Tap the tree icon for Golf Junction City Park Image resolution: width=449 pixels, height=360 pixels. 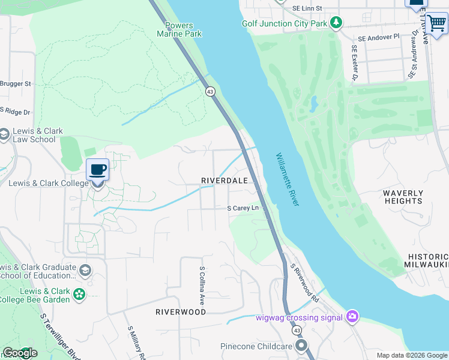pyautogui.click(x=337, y=23)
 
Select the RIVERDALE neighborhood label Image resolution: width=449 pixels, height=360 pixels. pyautogui.click(x=224, y=181)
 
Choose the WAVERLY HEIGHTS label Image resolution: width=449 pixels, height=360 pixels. pyautogui.click(x=403, y=197)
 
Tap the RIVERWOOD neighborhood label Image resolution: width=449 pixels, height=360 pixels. pyautogui.click(x=181, y=312)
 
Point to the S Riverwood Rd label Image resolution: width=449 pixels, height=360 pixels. pyautogui.click(x=304, y=282)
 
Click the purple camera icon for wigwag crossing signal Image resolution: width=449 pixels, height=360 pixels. pyautogui.click(x=352, y=317)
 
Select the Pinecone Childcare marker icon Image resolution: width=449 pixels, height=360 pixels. pyautogui.click(x=301, y=346)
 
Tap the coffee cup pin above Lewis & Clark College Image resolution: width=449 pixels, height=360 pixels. pyautogui.click(x=97, y=170)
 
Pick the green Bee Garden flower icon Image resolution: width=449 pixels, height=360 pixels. pyautogui.click(x=79, y=294)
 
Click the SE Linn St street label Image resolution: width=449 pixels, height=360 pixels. pyautogui.click(x=307, y=8)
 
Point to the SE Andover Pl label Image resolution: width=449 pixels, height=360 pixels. pyautogui.click(x=378, y=37)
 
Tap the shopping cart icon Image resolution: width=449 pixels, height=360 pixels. pyautogui.click(x=436, y=23)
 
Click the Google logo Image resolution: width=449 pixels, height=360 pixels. pyautogui.click(x=19, y=353)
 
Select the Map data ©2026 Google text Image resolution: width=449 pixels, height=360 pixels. pyautogui.click(x=412, y=355)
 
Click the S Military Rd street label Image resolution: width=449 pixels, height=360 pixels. pyautogui.click(x=135, y=344)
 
